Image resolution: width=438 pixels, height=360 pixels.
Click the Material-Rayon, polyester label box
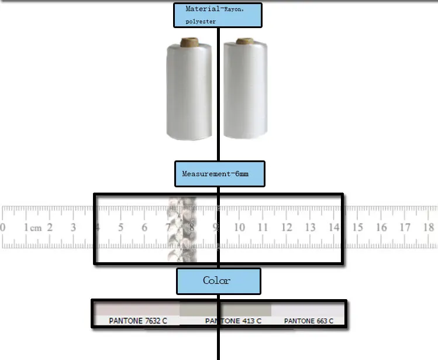(217, 15)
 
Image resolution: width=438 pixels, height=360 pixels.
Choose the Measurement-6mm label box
(219, 174)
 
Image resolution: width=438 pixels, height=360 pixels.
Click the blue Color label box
(218, 281)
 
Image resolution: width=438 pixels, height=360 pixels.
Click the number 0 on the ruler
(3, 227)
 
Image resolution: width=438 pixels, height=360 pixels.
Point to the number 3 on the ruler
(73, 227)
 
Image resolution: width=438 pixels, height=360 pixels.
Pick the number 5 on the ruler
(120, 227)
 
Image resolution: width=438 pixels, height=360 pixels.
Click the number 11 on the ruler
(263, 227)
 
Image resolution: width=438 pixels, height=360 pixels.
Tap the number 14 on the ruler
(334, 227)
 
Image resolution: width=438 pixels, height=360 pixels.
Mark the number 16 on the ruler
(381, 227)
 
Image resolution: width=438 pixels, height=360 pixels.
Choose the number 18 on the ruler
(429, 227)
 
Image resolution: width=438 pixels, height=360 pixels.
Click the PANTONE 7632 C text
(138, 321)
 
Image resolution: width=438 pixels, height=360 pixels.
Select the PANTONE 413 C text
(233, 321)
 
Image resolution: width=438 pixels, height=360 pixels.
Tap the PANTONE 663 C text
(308, 321)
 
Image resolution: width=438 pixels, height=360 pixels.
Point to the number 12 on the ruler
(287, 227)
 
